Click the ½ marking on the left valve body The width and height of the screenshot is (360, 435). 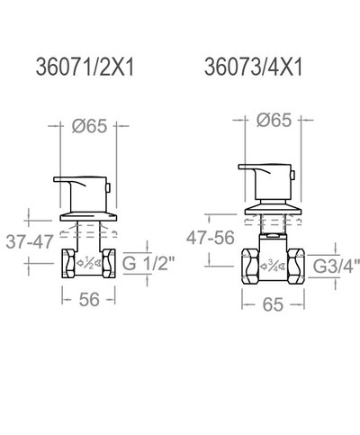click(87, 265)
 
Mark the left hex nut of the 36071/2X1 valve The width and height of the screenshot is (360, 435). click(69, 265)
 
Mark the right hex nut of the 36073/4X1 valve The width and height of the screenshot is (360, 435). click(293, 266)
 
